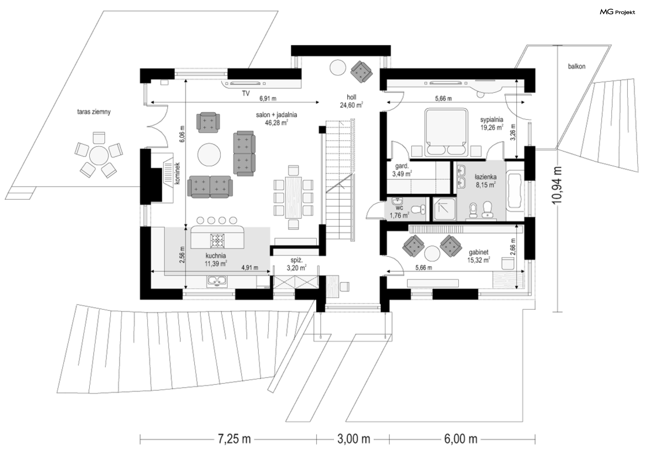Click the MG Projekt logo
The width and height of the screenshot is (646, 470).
click(x=617, y=12)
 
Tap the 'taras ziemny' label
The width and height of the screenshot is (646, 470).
click(x=94, y=112)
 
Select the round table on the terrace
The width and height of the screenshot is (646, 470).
click(x=99, y=155)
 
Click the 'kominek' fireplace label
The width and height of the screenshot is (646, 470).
click(x=177, y=173)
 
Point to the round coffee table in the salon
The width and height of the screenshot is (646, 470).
click(x=209, y=155)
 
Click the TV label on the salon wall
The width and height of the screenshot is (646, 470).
click(x=246, y=93)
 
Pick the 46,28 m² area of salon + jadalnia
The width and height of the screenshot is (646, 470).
click(x=276, y=123)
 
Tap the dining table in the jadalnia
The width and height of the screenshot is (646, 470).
click(x=293, y=197)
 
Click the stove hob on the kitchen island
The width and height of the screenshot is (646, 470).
click(x=217, y=241)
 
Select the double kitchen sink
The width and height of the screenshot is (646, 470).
click(x=217, y=280)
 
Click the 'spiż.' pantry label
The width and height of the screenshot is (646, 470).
click(x=296, y=260)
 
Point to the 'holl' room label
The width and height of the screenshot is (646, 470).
click(x=352, y=97)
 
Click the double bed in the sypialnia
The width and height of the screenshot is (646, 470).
click(x=446, y=132)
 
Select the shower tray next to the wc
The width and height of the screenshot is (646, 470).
click(x=444, y=209)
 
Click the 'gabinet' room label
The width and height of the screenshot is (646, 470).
click(x=478, y=252)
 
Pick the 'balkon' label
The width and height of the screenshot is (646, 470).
click(x=577, y=66)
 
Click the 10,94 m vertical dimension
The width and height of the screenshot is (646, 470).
click(x=558, y=185)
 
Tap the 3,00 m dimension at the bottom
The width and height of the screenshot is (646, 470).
click(x=354, y=439)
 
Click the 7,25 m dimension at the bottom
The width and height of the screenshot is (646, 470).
click(x=234, y=439)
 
